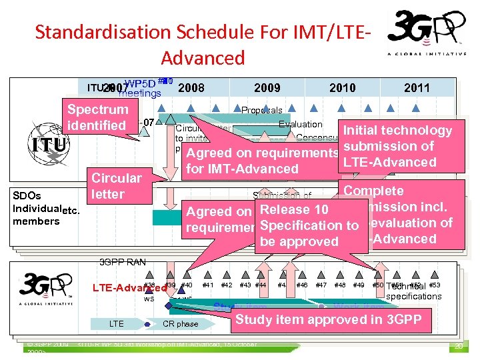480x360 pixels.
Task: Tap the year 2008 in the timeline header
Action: point(191,87)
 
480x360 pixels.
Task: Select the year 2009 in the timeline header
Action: point(267,87)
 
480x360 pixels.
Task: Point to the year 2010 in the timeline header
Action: point(343,87)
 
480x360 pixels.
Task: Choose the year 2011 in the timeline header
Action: point(417,87)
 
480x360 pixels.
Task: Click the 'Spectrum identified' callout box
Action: point(97,117)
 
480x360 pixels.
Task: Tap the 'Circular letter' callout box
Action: point(117,186)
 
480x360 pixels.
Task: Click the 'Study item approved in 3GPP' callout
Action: point(328,319)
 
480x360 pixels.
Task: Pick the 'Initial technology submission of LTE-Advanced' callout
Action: point(397,146)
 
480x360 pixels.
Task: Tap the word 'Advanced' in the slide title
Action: point(203,57)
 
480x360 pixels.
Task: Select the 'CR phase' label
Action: point(180,324)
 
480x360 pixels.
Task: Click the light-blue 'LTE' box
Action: point(116,324)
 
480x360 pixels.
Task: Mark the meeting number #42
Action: point(227,285)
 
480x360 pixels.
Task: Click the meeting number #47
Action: point(321,285)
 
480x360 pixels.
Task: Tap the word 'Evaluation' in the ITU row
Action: point(300,124)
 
